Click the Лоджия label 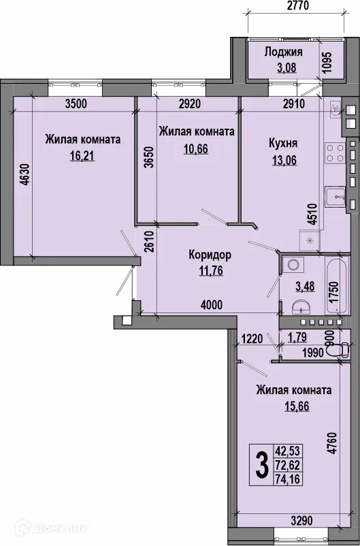[283, 52]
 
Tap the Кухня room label [282, 144]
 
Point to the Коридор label [210, 255]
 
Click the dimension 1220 [252, 336]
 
